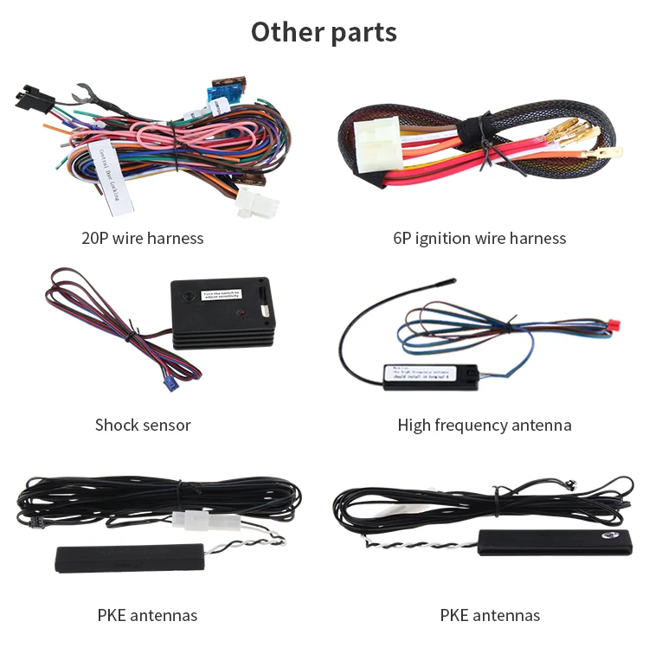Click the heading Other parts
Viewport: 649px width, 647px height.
click(x=324, y=32)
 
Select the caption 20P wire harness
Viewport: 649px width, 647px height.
click(x=143, y=238)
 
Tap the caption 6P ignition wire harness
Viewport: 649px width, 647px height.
click(x=479, y=238)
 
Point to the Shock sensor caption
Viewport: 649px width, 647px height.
click(x=143, y=425)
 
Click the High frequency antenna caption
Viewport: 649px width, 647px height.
click(x=485, y=425)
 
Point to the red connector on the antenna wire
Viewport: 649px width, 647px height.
click(x=616, y=325)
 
